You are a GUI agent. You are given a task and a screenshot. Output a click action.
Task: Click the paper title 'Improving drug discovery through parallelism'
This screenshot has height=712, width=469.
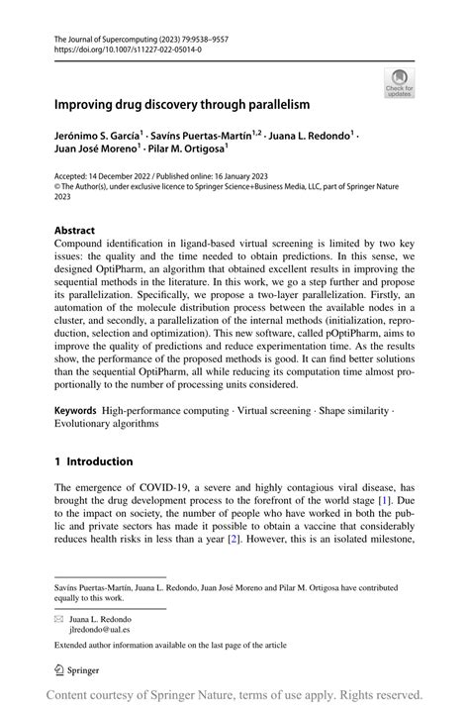tap(182, 103)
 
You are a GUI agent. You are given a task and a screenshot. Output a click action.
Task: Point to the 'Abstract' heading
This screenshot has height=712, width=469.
tap(74, 229)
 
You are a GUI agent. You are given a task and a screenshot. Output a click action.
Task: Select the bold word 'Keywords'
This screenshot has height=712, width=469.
tap(78, 409)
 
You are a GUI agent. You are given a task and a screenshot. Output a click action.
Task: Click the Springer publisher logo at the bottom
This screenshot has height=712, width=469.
tap(78, 670)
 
